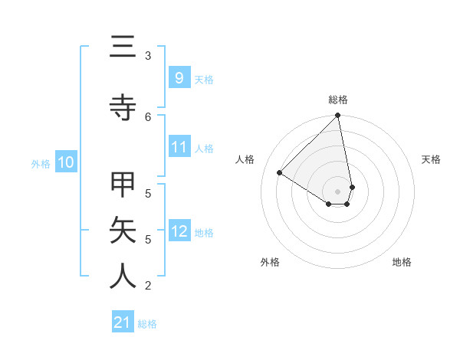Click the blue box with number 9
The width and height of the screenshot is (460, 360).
179,77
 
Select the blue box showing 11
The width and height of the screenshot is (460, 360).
179,147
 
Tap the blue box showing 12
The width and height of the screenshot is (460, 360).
179,231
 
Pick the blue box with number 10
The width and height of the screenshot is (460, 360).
66,162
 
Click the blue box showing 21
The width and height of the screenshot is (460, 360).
123,322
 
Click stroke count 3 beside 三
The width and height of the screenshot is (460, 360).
148,55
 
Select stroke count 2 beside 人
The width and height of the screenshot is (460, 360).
148,286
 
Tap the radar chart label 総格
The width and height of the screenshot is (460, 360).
338,100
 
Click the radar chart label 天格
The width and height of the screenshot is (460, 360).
431,159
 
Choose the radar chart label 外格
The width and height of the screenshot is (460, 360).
270,262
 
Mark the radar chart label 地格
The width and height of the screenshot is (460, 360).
402,262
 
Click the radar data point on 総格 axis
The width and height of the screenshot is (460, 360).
338,116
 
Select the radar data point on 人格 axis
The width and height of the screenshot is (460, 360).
280,172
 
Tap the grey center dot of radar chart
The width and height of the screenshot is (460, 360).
338,191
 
